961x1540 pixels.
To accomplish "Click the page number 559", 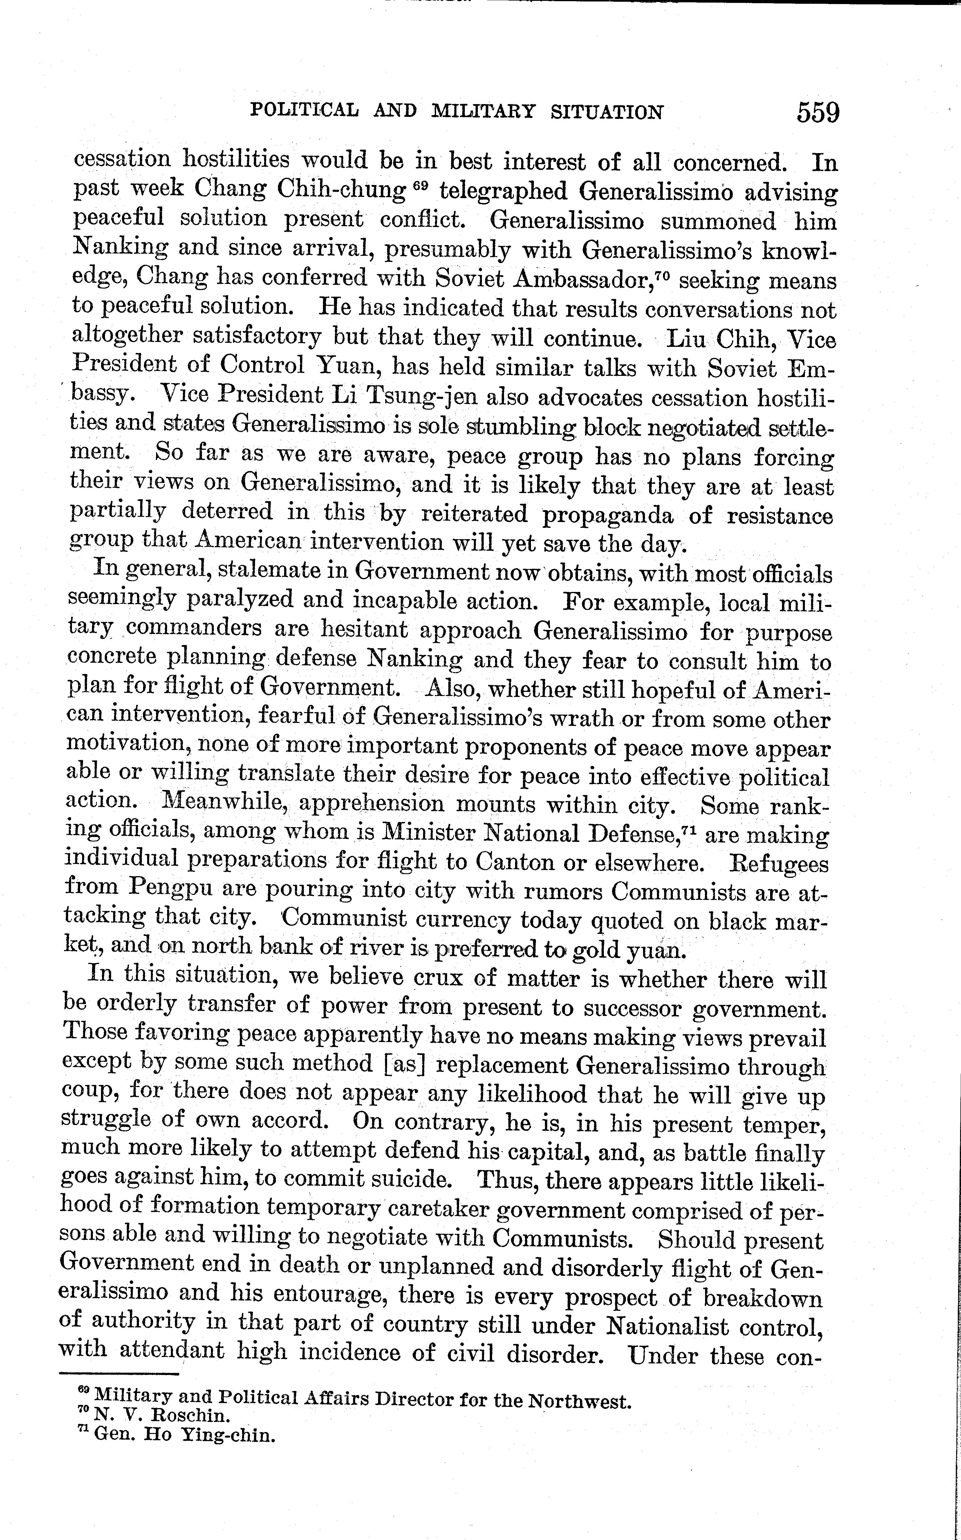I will coord(818,113).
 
